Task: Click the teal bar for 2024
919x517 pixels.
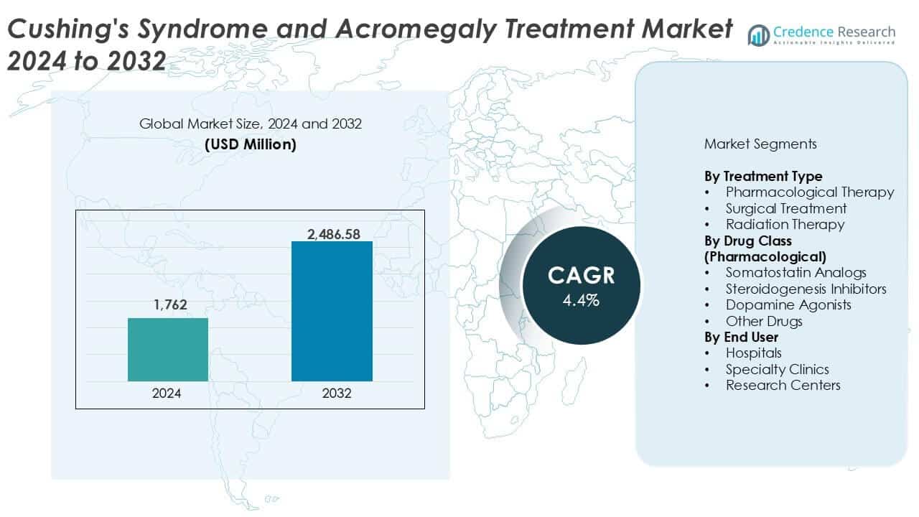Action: (x=167, y=350)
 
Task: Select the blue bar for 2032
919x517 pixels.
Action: (x=332, y=311)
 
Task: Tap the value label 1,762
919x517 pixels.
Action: (x=169, y=305)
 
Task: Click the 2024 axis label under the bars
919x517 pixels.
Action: (x=167, y=393)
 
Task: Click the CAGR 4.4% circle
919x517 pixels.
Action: (x=582, y=286)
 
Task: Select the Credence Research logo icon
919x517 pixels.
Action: (x=758, y=34)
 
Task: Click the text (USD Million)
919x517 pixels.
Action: (x=250, y=144)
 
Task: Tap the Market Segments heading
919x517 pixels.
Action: (x=760, y=144)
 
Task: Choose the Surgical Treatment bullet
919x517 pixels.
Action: (x=785, y=208)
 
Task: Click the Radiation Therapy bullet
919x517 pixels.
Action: (x=785, y=224)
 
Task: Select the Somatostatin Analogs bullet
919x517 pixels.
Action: (x=796, y=272)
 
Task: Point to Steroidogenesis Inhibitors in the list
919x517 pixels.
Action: (x=806, y=289)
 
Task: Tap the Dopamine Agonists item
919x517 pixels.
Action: (x=788, y=304)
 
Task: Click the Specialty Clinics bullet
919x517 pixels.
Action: (x=777, y=369)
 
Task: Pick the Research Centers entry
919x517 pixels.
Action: (x=783, y=385)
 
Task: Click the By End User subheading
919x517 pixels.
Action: (x=741, y=337)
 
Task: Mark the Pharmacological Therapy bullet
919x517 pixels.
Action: (x=809, y=192)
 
